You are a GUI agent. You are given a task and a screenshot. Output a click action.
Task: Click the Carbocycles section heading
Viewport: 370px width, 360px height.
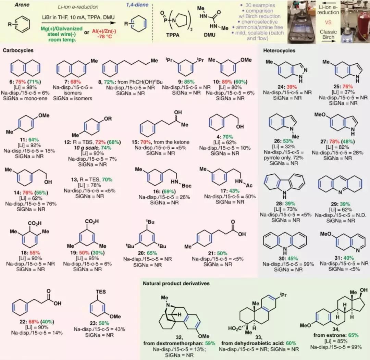[x=18, y=50]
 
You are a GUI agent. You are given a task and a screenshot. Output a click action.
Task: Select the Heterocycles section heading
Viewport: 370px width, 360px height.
[x=279, y=50]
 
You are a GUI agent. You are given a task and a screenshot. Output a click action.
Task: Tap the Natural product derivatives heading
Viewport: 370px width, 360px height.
[x=176, y=283]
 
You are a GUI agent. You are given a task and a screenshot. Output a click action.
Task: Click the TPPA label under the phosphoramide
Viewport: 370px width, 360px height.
[x=173, y=35]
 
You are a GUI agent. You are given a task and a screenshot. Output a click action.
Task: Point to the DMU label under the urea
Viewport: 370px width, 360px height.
[x=210, y=35]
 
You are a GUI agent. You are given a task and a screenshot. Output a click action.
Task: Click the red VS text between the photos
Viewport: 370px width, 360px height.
[x=328, y=22]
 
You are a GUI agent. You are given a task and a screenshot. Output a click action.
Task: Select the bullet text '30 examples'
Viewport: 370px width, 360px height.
[x=260, y=5]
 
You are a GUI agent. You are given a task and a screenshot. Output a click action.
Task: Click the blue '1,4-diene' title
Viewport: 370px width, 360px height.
[x=137, y=5]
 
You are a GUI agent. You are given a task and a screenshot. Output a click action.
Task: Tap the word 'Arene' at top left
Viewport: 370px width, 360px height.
[x=22, y=5]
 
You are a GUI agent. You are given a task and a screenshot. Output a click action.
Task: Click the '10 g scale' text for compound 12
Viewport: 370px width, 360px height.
[x=87, y=148]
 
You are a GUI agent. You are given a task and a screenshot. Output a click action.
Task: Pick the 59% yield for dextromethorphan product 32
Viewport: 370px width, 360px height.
[x=210, y=343]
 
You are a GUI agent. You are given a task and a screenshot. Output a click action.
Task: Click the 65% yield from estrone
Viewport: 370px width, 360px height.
[x=353, y=335]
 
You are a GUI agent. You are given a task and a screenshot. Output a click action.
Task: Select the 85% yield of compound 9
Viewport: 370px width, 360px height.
[x=189, y=82]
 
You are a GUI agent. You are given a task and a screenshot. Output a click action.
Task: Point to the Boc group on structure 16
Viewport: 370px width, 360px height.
[x=186, y=186]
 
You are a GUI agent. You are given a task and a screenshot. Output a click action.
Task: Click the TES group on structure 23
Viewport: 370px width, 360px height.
[x=101, y=292]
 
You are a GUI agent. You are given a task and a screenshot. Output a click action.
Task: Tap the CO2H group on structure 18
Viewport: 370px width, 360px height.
[x=35, y=223]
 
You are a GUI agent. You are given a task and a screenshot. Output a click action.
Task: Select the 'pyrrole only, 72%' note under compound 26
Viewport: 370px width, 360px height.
[x=283, y=158]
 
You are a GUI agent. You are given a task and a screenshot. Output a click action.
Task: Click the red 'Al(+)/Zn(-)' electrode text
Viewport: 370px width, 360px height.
[x=104, y=32]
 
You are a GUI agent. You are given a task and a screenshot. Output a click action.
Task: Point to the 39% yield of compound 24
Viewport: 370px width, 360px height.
[x=292, y=87]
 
